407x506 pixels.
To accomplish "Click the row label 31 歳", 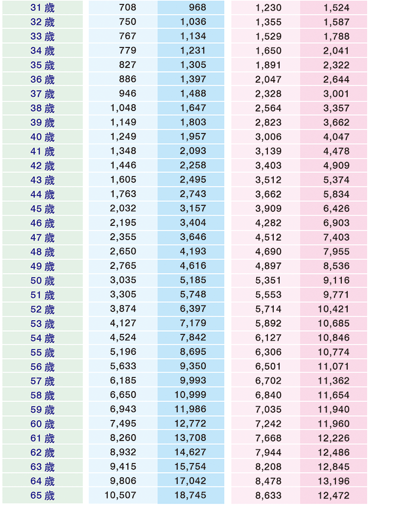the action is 43,7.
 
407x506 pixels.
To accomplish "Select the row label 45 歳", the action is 43,209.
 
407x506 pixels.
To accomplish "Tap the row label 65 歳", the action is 43,495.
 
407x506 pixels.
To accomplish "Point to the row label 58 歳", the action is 43,395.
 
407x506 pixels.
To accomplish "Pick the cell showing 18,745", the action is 191,495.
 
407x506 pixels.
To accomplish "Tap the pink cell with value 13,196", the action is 334,481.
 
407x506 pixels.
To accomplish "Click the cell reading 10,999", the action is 191,395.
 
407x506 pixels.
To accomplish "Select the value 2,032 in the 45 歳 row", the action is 123,208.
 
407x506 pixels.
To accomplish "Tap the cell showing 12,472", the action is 334,495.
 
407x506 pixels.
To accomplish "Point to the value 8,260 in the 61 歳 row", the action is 123,438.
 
